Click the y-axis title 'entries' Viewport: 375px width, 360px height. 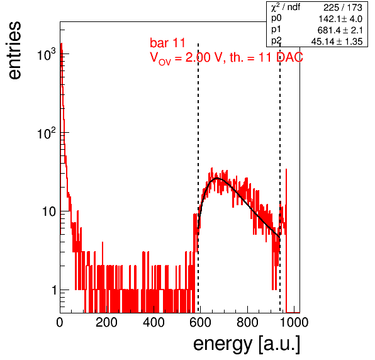coord(15,50)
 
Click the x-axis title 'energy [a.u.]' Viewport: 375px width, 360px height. coord(247,344)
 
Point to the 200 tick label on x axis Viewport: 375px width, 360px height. coord(106,322)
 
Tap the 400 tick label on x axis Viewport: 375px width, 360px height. coord(154,322)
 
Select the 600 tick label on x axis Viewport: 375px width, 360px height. coord(201,322)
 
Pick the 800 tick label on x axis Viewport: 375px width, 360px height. coord(247,322)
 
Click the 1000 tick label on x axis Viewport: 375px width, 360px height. coord(293,322)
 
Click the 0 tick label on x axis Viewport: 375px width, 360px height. coord(60,322)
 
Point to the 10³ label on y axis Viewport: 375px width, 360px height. coord(47,54)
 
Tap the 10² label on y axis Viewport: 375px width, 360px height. coord(47,133)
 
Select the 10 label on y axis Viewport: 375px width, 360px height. coord(49,211)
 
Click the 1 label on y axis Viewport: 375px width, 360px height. coord(54,290)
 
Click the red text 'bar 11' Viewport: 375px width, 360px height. coord(167,43)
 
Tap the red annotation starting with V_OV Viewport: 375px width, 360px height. coord(227,58)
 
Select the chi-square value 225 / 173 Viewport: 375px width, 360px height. coord(343,8)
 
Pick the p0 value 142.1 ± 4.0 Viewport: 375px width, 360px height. coord(340,19)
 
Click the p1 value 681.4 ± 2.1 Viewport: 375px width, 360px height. coord(340,30)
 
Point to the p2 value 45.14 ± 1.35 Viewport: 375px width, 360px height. coord(337,42)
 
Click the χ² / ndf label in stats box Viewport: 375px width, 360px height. coord(286,7)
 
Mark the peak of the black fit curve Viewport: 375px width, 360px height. coord(217,178)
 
